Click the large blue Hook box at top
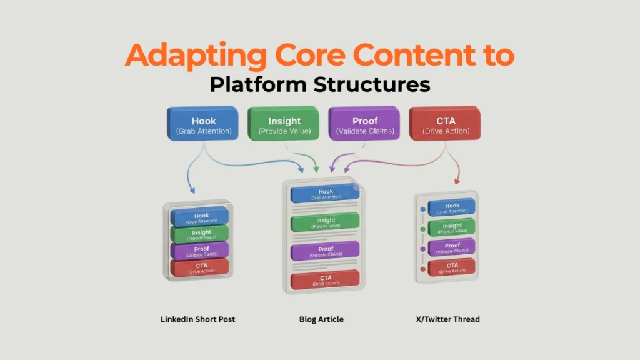coord(202,123)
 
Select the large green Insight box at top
coord(284,123)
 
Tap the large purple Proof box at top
coord(364,123)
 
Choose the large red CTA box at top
coord(446,123)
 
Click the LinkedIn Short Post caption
coord(198,319)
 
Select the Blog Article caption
coord(321,319)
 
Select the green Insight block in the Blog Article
coord(325,222)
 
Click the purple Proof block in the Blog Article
coord(325,251)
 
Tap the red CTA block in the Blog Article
coord(325,279)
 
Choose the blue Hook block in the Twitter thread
coord(452,208)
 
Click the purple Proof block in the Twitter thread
coord(452,247)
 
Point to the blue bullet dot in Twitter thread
coord(424,209)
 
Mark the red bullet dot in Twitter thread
coord(424,269)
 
